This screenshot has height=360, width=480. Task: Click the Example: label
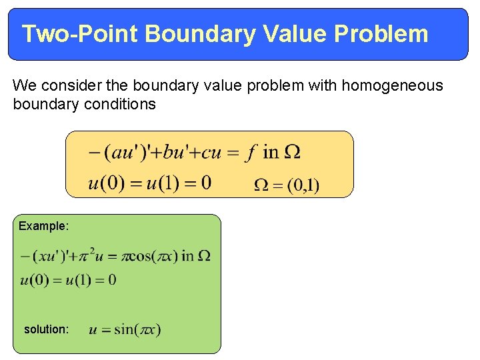43,226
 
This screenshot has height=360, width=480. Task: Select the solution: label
46,329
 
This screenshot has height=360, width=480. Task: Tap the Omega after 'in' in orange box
292,153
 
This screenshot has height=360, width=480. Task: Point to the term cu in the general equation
211,153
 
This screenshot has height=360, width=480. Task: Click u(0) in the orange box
107,182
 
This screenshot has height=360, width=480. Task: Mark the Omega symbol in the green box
205,256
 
